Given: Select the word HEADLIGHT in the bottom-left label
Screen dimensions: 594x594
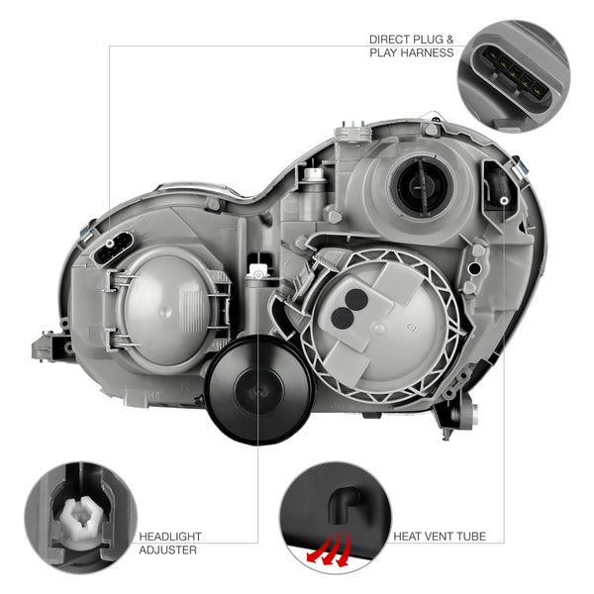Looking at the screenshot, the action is pos(170,537).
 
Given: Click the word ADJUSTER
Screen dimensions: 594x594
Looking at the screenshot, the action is pos(168,549).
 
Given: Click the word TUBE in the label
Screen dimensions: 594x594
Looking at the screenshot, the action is pos(471,536).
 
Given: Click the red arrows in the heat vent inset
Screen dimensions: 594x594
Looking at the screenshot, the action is pos(329,547).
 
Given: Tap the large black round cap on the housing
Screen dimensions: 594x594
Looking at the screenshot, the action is pos(258,390).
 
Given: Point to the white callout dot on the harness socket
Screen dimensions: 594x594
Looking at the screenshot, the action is pos(110,243).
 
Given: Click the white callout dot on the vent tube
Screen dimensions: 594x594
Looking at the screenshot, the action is pos(504,201).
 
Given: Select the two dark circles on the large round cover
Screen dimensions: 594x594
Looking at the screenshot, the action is pos(349,308).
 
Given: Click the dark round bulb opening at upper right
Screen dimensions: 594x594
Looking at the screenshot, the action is pos(422,186).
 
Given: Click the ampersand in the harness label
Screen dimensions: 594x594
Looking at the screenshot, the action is pos(449,40).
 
